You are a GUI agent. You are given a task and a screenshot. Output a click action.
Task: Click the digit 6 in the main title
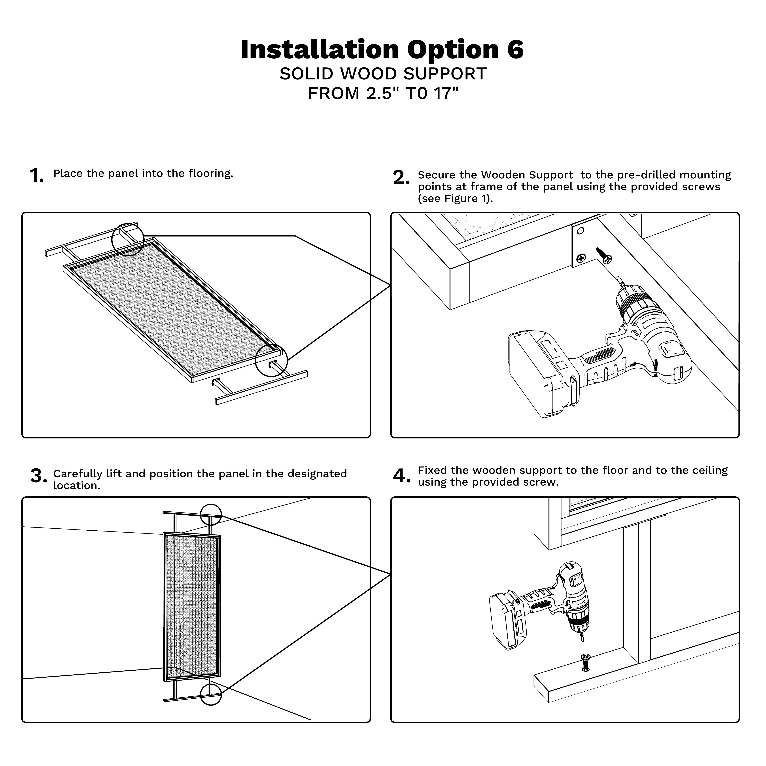coord(515,50)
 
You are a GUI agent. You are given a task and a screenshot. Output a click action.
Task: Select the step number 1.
coord(36,176)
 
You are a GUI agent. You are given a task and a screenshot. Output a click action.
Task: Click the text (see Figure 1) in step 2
coord(455,199)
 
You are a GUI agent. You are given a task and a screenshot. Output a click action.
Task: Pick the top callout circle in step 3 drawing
coord(210,515)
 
